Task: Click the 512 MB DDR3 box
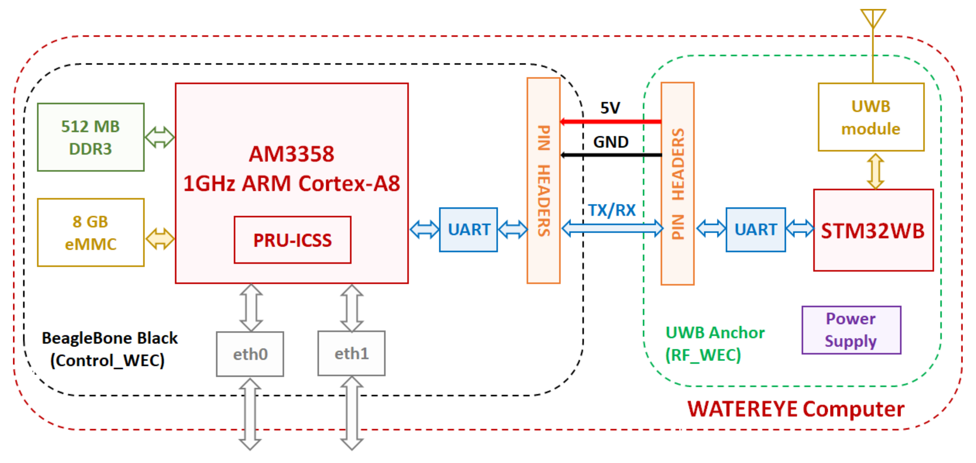point(91,137)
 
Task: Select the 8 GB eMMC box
point(91,232)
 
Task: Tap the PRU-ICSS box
point(292,240)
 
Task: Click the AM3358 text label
point(291,154)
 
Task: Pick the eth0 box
point(250,354)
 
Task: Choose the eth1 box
point(351,353)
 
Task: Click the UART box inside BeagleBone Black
point(468,230)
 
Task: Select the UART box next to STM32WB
point(755,230)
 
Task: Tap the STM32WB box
point(873,230)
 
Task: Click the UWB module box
point(871,117)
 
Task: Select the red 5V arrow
point(611,122)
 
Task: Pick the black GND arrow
point(611,155)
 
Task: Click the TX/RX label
point(612,210)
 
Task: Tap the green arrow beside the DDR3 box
point(159,137)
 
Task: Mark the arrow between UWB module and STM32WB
point(875,170)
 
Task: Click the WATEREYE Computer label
point(796,409)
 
